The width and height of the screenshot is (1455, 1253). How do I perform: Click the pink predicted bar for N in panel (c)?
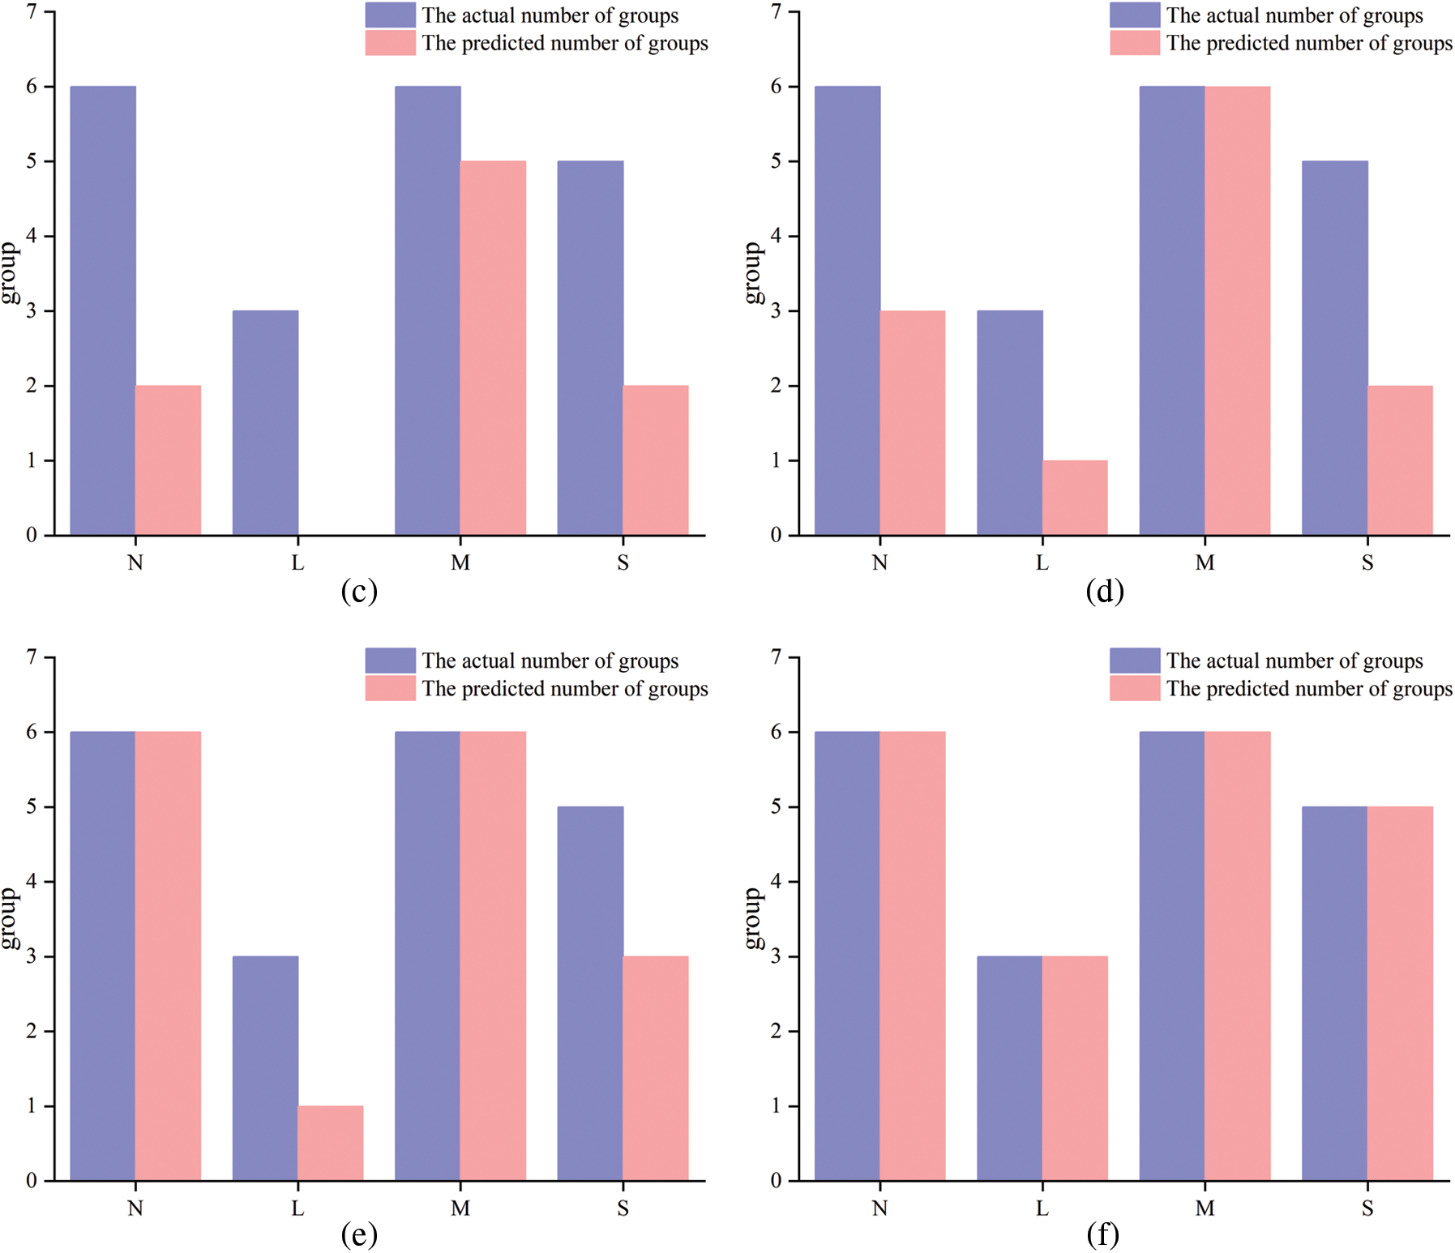(168, 460)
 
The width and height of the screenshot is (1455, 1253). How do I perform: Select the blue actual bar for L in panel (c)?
(265, 422)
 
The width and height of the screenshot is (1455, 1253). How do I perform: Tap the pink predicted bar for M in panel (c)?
(493, 348)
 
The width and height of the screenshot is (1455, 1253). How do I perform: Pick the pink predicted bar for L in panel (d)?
(1075, 497)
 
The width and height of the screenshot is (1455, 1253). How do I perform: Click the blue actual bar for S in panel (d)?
(1334, 348)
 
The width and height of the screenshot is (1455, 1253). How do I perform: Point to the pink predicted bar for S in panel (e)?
(655, 1067)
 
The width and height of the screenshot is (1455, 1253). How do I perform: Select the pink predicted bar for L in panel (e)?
(330, 1143)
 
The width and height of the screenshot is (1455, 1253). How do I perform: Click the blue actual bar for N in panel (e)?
(103, 956)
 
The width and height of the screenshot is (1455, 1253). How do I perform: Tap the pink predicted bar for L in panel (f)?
(1075, 1067)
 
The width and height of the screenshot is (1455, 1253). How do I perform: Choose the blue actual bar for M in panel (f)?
(1172, 956)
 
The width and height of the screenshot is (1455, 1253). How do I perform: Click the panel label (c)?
(359, 591)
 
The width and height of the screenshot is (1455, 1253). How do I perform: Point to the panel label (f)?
(1103, 1234)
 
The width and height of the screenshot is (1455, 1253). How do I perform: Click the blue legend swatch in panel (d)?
(1134, 15)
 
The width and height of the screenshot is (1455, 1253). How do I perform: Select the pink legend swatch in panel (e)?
(390, 688)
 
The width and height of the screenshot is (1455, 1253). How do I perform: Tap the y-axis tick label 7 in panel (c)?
(31, 11)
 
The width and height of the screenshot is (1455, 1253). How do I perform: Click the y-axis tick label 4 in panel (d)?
(776, 236)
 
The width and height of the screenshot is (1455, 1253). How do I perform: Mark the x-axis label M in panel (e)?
(460, 1208)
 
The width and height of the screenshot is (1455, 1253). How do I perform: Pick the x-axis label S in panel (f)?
(1367, 1208)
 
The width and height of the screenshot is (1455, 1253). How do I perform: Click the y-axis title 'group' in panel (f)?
(753, 917)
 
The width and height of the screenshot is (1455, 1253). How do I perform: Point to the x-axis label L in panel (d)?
(1042, 562)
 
